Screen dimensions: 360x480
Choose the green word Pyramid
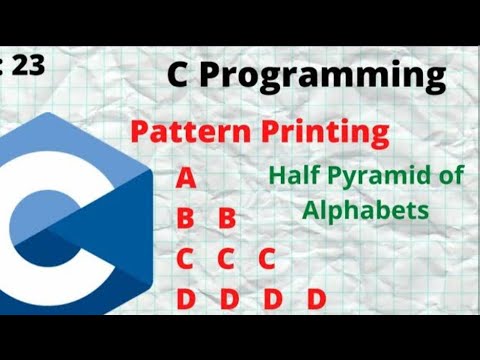point(371,178)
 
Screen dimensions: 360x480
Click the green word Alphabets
point(365,210)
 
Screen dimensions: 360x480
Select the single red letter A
point(185,179)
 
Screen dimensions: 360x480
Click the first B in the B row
point(185,219)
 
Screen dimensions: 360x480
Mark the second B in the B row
point(227,219)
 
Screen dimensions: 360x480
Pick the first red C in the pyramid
point(185,259)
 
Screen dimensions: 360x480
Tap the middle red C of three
point(226,259)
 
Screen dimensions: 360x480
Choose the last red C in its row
point(266,259)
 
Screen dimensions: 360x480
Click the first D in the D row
point(185,298)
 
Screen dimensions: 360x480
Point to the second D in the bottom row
point(229,298)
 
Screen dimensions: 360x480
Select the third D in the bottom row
point(272,298)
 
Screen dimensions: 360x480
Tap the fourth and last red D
point(316,298)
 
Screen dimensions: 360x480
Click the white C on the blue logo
point(40,215)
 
